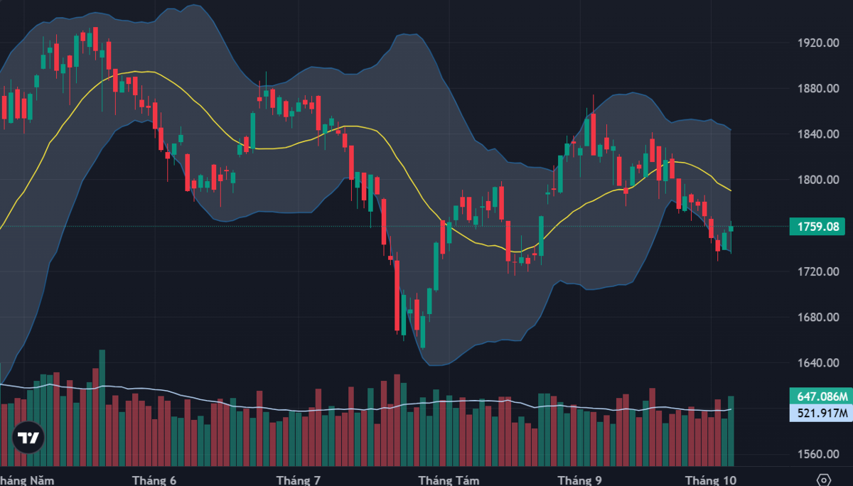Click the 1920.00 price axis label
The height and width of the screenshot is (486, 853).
point(818,43)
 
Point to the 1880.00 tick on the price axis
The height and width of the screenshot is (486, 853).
point(818,88)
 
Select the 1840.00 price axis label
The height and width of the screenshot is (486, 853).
point(818,134)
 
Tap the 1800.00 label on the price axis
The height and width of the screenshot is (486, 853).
point(818,180)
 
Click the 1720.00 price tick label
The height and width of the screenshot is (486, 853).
point(818,271)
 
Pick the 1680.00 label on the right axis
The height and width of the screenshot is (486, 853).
point(818,317)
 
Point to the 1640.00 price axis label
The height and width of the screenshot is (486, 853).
point(818,362)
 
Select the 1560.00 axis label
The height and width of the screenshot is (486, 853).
point(818,454)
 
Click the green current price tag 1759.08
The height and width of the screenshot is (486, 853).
point(817,227)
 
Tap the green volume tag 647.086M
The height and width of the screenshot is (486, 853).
point(821,396)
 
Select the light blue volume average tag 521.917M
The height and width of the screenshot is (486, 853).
point(821,413)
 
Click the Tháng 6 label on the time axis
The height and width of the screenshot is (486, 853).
point(154,480)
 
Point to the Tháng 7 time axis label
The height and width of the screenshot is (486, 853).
point(298,480)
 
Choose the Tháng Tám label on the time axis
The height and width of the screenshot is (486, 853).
point(449,480)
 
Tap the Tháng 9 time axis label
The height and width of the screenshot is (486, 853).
point(579,480)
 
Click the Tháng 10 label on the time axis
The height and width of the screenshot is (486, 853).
point(711,480)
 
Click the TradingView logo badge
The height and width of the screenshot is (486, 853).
point(28,437)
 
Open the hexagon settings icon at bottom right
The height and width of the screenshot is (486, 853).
point(824,480)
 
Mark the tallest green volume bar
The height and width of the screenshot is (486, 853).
point(102,408)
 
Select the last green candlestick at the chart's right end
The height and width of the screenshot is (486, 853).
point(731,229)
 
